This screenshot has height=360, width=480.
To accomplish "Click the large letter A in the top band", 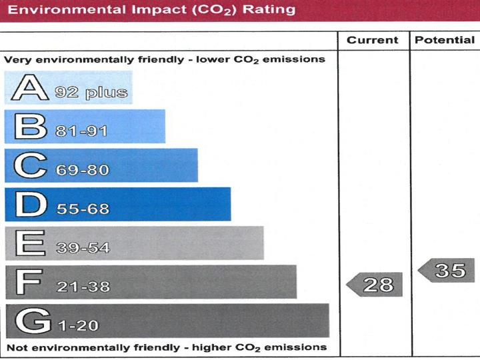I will pyautogui.click(x=29, y=87).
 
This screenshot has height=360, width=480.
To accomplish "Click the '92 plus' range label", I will pyautogui.click(x=92, y=92).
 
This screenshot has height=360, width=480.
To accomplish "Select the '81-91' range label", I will pyautogui.click(x=82, y=131).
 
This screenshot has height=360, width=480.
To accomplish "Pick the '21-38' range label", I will pyautogui.click(x=83, y=287).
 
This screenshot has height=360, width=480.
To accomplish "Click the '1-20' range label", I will pyautogui.click(x=78, y=326).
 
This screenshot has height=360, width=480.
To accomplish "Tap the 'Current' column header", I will pyautogui.click(x=373, y=40).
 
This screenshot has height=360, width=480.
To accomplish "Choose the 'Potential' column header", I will pyautogui.click(x=445, y=40).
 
